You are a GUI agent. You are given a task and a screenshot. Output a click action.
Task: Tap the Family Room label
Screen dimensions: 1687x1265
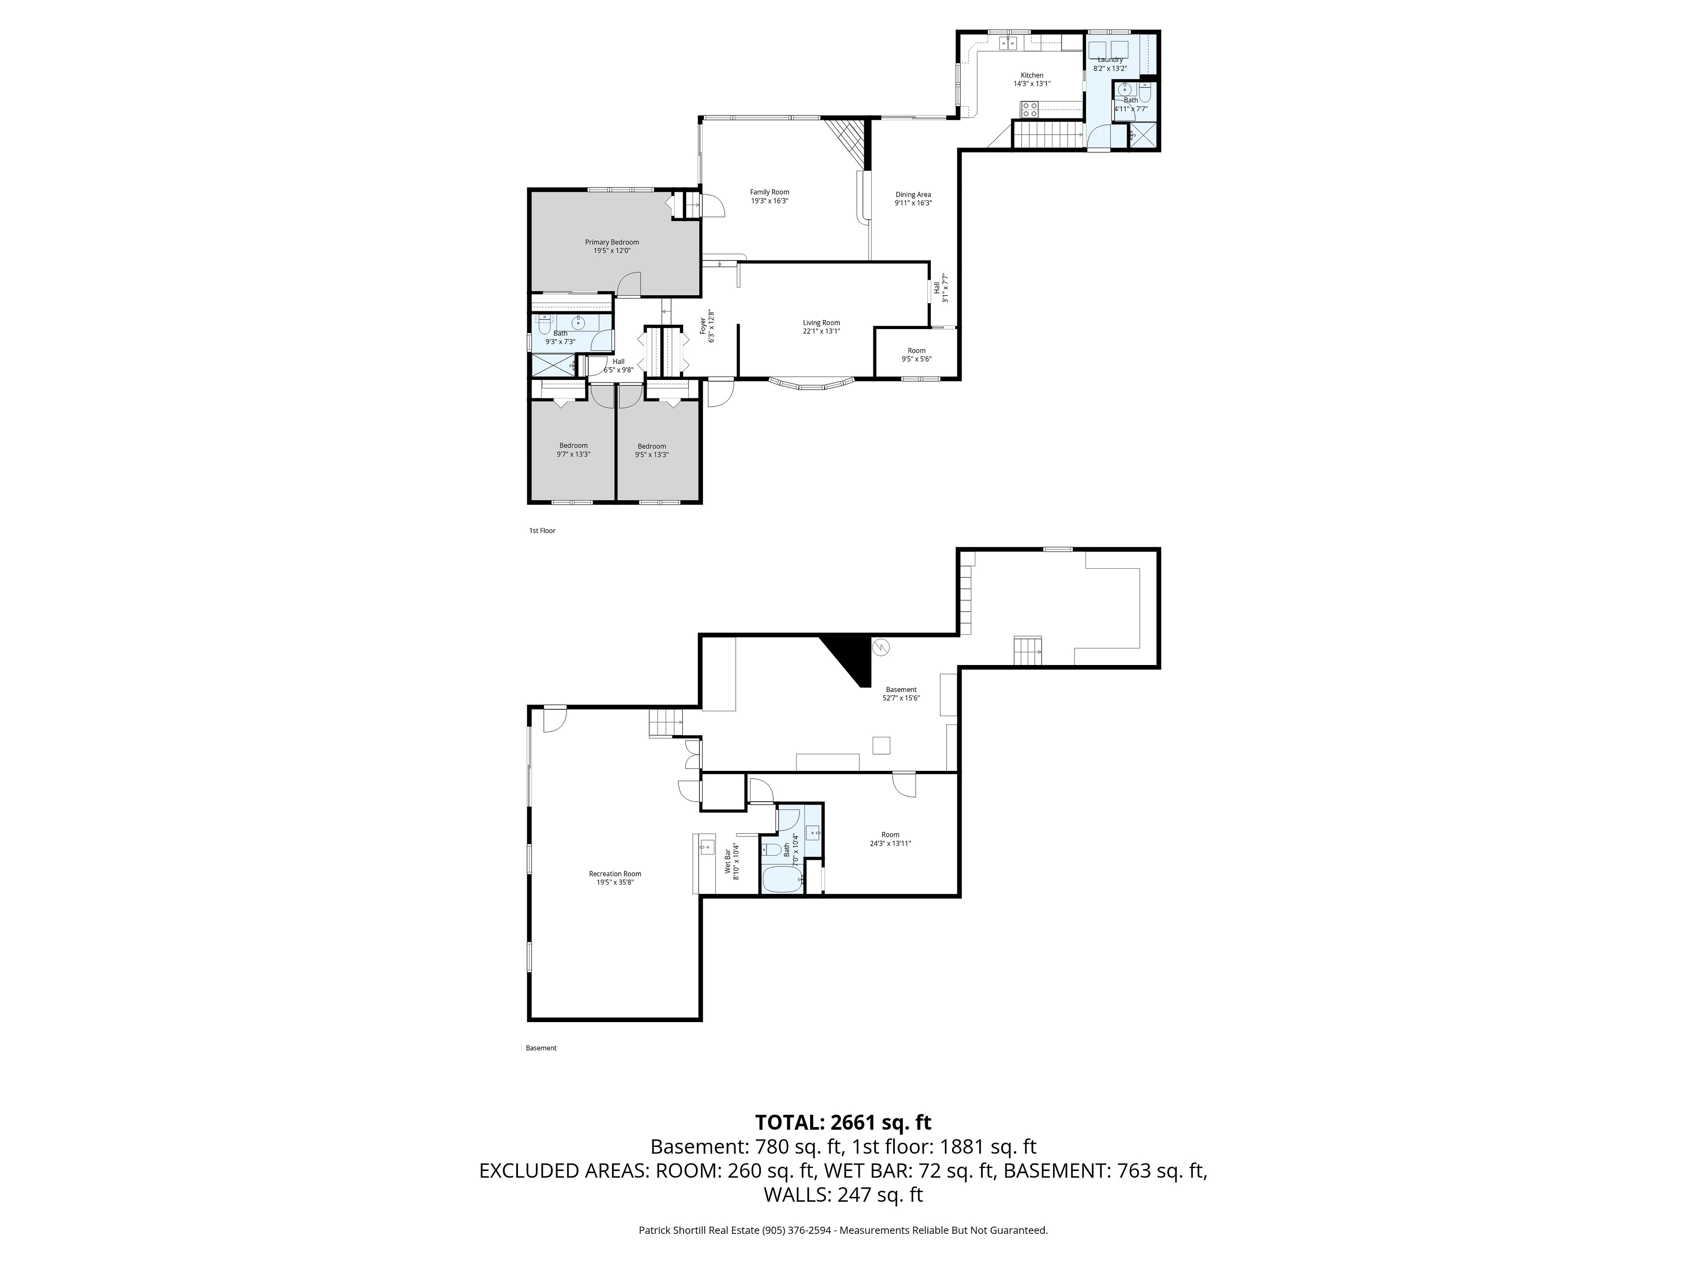click(x=770, y=192)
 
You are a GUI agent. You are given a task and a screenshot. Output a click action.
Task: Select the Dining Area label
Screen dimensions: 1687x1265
click(x=913, y=195)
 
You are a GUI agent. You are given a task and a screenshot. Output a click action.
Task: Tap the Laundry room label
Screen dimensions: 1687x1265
click(x=1111, y=59)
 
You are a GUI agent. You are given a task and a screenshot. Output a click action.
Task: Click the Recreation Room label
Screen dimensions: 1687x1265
click(x=615, y=874)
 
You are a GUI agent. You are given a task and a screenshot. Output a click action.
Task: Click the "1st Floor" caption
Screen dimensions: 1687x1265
click(x=542, y=531)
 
